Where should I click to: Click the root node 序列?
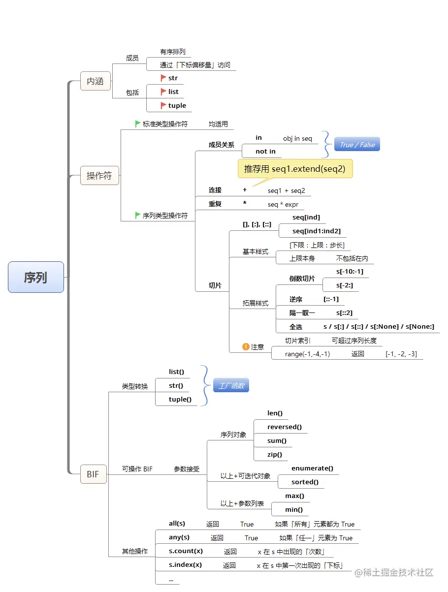(35, 277)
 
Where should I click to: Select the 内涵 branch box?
(95, 81)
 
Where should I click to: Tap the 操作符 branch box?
(99, 175)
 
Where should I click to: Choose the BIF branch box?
(93, 474)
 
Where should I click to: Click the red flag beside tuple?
(163, 105)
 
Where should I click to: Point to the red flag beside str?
(163, 78)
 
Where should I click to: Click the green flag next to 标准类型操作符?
(138, 124)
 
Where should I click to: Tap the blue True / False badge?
(357, 144)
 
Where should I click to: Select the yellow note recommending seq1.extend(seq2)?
(295, 169)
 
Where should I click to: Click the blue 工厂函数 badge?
(231, 386)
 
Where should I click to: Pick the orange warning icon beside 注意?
(246, 346)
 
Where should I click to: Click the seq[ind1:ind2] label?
(317, 231)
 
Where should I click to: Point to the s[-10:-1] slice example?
(350, 271)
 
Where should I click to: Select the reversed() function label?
(285, 427)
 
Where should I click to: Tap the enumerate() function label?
(312, 468)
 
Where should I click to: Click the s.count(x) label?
(186, 551)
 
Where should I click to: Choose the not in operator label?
(266, 151)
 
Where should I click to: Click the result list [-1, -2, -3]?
(402, 354)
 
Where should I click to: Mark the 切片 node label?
(215, 285)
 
